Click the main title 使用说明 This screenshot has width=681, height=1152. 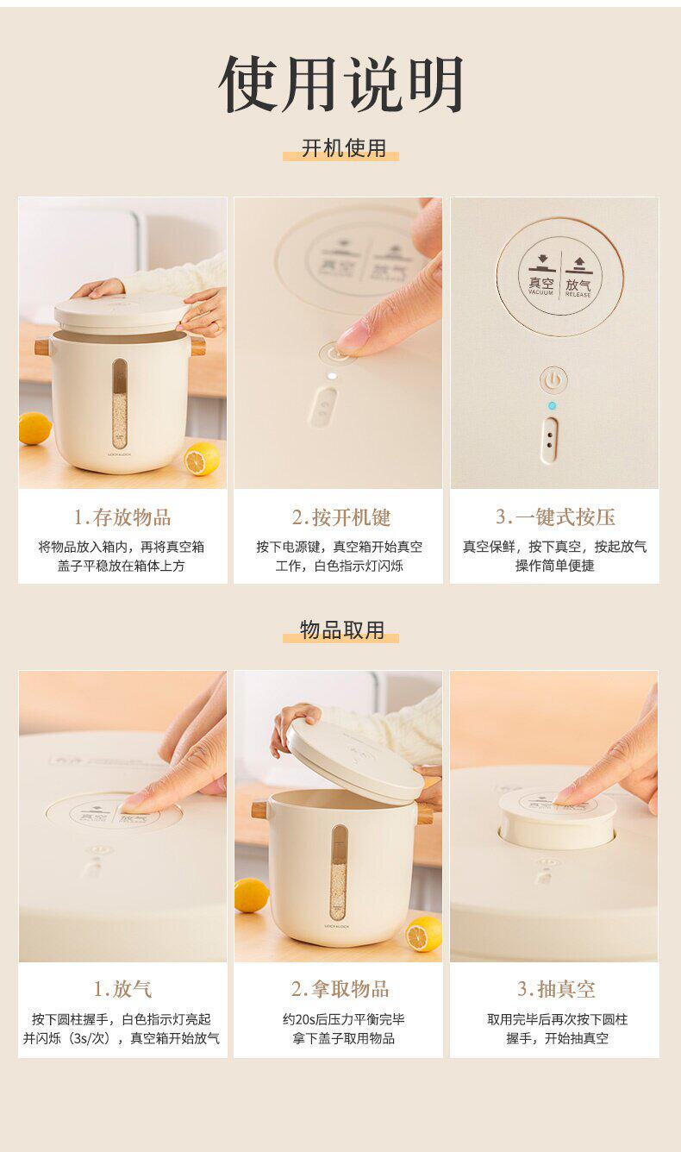340,85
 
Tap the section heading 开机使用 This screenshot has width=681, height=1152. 343,148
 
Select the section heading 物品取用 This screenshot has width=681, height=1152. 341,630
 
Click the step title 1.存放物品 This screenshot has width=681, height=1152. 122,517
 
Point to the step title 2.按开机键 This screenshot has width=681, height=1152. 341,517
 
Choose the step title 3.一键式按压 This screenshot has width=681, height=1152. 556,517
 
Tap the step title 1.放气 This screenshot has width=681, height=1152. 122,989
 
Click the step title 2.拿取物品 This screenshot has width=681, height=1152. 340,989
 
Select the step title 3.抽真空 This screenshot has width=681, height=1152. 556,989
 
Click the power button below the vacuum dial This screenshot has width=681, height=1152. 553,380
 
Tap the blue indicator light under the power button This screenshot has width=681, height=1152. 552,406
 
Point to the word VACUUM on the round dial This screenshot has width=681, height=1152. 540,292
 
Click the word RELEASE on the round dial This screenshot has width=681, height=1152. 578,295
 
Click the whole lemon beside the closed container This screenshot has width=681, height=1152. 35,429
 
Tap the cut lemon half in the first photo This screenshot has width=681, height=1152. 202,459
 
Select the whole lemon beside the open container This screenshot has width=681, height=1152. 252,896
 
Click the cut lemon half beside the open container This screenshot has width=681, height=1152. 424,934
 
